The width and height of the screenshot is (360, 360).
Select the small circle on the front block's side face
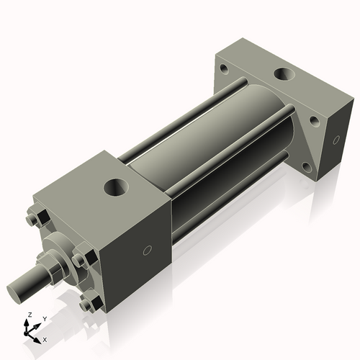click(x=148, y=251)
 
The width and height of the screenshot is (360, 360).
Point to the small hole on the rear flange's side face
click(x=333, y=140)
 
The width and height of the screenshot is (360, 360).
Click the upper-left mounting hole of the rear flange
click(x=223, y=70)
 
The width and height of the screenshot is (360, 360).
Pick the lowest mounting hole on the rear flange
click(x=307, y=167)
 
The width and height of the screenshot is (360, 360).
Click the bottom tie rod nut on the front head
click(x=88, y=304)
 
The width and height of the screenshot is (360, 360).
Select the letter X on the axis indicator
click(x=45, y=338)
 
